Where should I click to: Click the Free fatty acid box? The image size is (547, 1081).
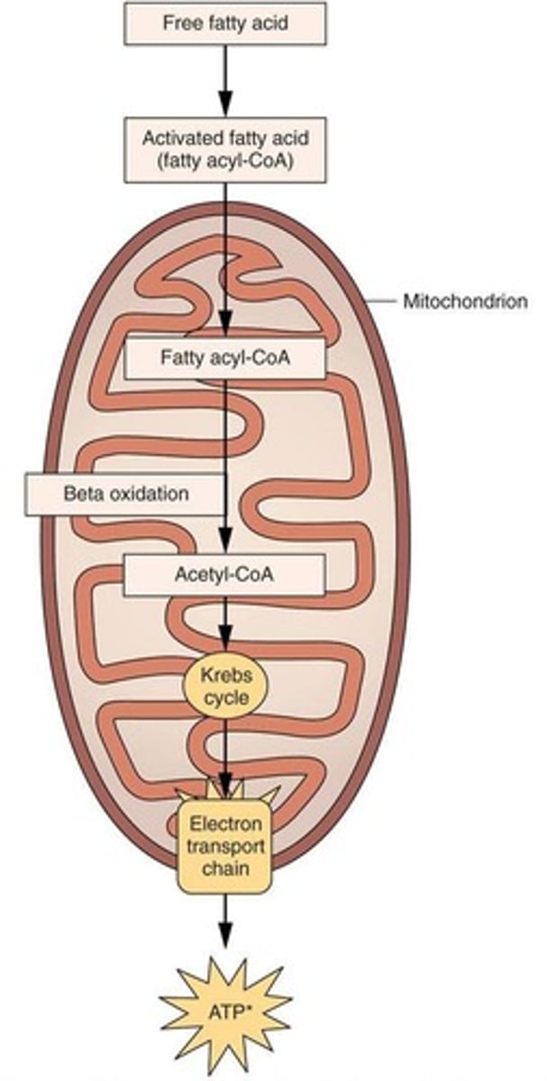(x=224, y=23)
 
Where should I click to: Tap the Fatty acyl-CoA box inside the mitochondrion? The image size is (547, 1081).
(x=224, y=358)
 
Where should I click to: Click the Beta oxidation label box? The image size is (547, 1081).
(x=125, y=494)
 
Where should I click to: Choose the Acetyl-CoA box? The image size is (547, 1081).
(x=224, y=575)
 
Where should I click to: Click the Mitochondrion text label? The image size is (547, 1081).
(x=465, y=302)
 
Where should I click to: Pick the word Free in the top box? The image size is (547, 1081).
(x=179, y=23)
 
